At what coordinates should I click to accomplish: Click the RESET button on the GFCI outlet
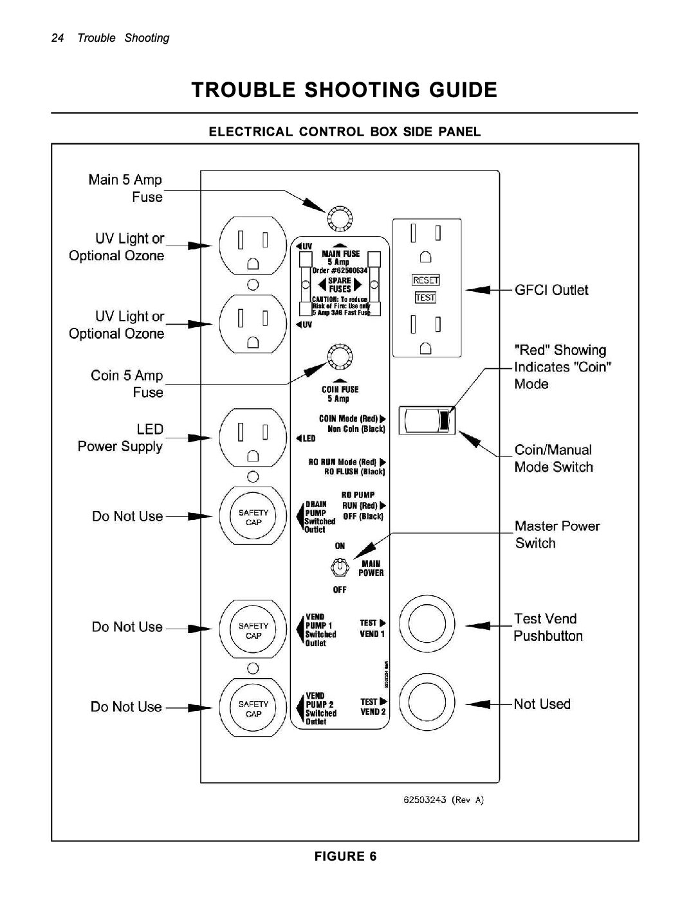[x=425, y=280]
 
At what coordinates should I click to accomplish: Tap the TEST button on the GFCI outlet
[x=425, y=298]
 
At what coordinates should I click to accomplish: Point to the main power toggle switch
[x=339, y=568]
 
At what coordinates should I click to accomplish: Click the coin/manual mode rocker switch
[x=427, y=420]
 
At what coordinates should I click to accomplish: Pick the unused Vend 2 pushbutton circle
[x=422, y=704]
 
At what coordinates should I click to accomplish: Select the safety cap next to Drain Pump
[x=253, y=517]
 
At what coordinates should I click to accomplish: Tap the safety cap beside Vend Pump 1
[x=253, y=630]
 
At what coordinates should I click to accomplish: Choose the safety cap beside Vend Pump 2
[x=253, y=708]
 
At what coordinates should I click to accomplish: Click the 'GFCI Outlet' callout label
[x=551, y=290]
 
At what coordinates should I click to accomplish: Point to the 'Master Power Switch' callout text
[x=557, y=535]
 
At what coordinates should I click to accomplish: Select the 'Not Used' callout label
[x=542, y=704]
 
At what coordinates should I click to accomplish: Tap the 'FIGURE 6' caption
[x=345, y=856]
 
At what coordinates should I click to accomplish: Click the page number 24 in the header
[x=57, y=38]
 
